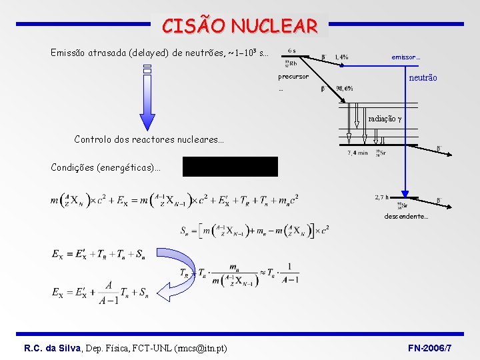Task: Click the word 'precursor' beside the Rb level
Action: pyautogui.click(x=293, y=77)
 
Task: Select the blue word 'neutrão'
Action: pyautogui.click(x=423, y=78)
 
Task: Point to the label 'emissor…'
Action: pyautogui.click(x=405, y=57)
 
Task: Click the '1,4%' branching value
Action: pyautogui.click(x=341, y=57)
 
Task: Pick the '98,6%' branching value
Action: pyautogui.click(x=345, y=89)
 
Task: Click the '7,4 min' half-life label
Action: pyautogui.click(x=358, y=153)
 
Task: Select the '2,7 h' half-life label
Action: pyautogui.click(x=382, y=197)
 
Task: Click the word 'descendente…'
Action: pyautogui.click(x=406, y=217)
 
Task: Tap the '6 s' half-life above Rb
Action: pyautogui.click(x=293, y=51)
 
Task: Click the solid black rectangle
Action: pyautogui.click(x=230, y=166)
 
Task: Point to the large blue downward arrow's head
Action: pyautogui.click(x=148, y=121)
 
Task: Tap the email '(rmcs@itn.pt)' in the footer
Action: pyautogui.click(x=194, y=348)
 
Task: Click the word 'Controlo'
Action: pyautogui.click(x=94, y=140)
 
